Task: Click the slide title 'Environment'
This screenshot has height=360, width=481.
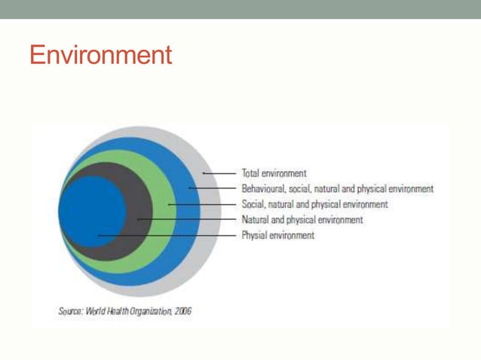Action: pos(100,55)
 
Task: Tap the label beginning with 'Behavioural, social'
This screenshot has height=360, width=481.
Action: pos(337,189)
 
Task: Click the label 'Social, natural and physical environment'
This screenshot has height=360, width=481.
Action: pos(314,204)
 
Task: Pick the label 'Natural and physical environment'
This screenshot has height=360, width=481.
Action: pos(302,220)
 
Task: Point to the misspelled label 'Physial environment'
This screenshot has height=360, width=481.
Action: pos(277,236)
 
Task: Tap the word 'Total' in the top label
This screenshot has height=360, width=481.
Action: pos(250,173)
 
